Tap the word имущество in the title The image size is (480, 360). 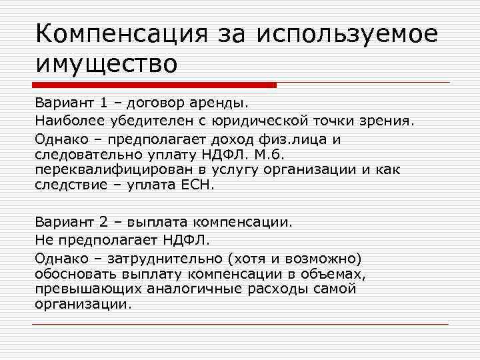107,64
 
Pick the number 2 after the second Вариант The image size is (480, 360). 105,221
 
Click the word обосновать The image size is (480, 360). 75,273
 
